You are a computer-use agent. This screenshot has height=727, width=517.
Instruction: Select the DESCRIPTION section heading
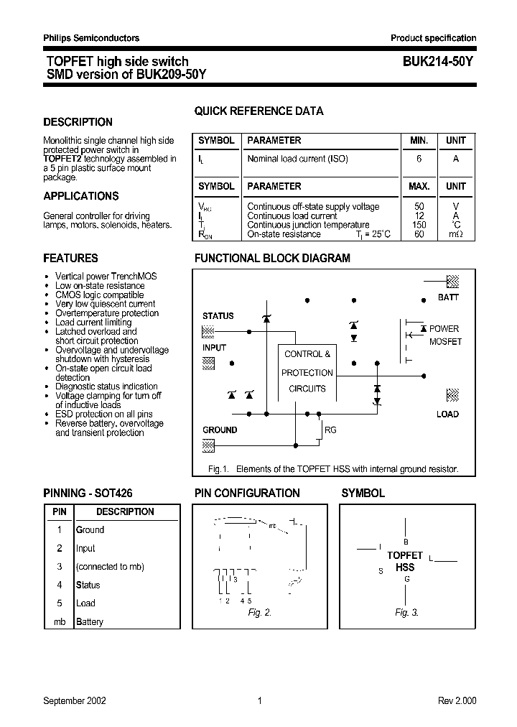click(x=78, y=122)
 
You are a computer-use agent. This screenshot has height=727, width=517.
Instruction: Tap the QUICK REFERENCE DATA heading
click(x=258, y=111)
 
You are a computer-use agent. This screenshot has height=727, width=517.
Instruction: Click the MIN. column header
click(x=419, y=141)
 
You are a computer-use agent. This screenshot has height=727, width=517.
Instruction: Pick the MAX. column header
click(x=419, y=186)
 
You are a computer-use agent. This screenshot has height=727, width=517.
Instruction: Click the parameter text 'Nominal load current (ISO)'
click(x=297, y=159)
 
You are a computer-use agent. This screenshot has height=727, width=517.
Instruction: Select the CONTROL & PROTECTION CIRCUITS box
click(x=307, y=372)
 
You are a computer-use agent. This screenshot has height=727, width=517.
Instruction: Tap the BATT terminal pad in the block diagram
click(x=452, y=281)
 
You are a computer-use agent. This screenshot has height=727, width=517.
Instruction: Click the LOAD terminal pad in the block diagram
click(x=452, y=394)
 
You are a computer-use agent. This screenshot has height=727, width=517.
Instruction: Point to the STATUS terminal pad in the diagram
click(x=208, y=331)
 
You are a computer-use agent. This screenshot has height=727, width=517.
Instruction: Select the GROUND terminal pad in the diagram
click(x=208, y=445)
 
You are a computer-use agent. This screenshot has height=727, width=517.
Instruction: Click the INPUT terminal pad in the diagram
click(x=208, y=363)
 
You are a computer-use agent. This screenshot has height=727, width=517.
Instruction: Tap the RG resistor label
click(x=330, y=430)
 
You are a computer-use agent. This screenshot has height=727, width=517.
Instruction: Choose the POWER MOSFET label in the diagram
click(x=444, y=335)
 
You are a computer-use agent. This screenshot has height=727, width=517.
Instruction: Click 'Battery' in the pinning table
click(x=90, y=621)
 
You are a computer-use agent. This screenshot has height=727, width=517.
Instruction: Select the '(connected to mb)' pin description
click(x=110, y=567)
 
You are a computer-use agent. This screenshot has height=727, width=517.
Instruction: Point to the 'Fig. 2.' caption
click(x=259, y=613)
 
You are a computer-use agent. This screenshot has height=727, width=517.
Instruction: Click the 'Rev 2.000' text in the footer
click(x=457, y=701)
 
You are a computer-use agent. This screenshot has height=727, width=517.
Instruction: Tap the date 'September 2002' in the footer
click(x=75, y=701)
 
